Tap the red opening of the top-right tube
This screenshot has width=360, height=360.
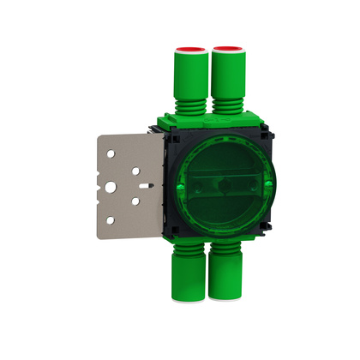226,51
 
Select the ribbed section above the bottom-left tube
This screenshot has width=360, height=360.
188,249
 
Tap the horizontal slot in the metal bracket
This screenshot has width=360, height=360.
141,184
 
